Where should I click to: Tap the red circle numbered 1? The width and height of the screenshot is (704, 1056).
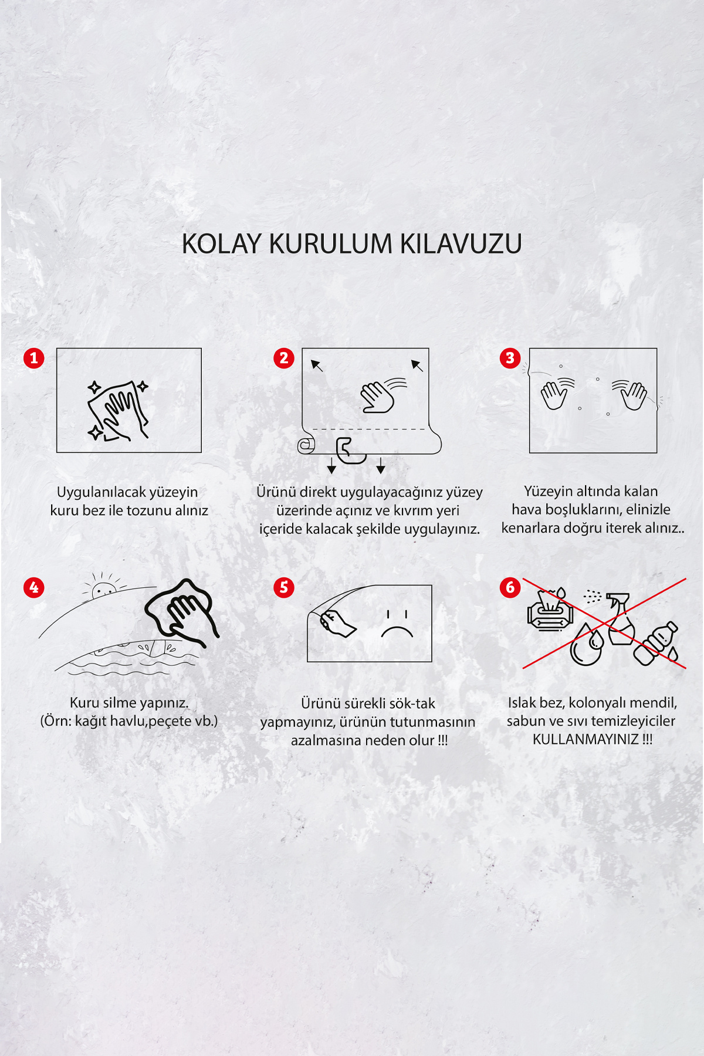[34, 358]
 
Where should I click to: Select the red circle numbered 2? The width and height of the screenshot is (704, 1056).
[284, 358]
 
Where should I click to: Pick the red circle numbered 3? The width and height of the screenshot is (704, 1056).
[510, 358]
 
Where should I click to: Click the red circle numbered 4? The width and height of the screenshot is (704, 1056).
[34, 587]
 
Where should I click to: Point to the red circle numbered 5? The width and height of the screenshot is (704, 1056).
[284, 587]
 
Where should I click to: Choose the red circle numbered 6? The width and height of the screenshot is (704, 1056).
[510, 587]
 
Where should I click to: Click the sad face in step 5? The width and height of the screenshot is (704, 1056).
[397, 624]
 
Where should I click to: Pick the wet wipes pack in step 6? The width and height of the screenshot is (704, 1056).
[550, 610]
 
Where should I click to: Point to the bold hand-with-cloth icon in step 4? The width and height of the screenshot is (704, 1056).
[183, 612]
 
